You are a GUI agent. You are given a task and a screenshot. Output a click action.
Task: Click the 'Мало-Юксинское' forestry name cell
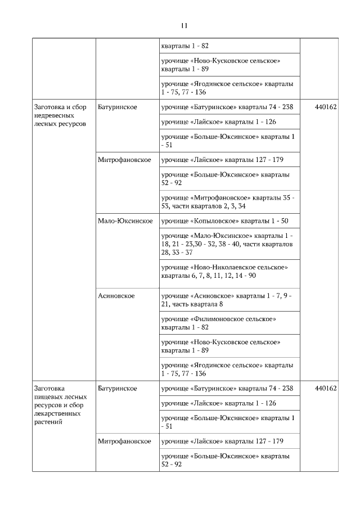(125, 221)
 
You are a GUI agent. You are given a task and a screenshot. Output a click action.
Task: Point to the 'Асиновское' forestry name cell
(116, 296)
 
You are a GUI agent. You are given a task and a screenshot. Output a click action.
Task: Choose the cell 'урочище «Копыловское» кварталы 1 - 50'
(224, 221)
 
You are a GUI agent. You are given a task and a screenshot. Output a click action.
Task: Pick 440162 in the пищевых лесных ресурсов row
(326, 389)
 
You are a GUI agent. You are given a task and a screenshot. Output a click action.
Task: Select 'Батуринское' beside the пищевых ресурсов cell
(117, 389)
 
